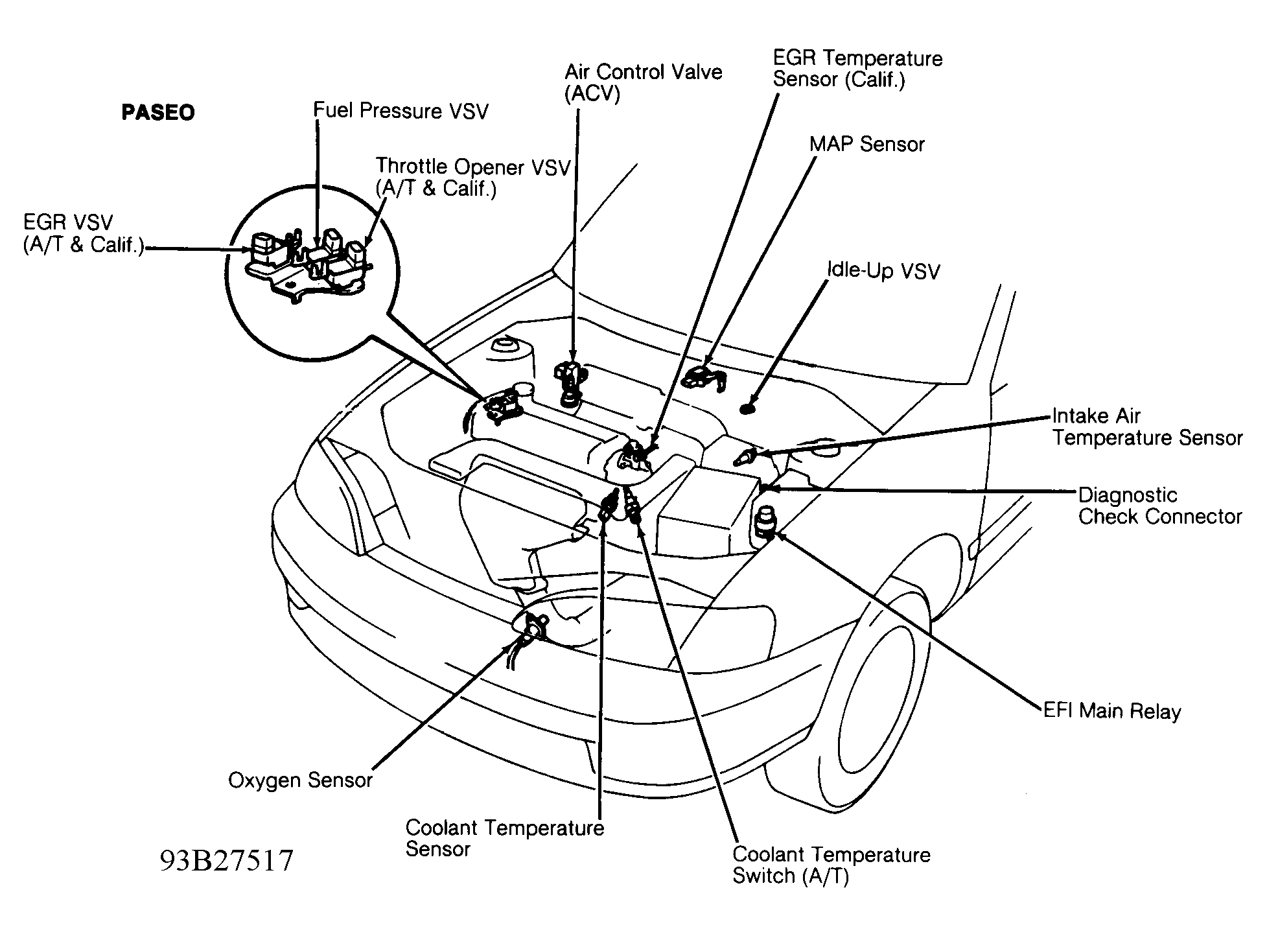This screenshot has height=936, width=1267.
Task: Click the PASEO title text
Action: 158,113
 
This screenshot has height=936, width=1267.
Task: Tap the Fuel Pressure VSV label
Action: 401,111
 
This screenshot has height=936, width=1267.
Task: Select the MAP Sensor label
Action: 866,145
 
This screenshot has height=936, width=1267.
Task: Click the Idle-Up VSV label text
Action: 883,270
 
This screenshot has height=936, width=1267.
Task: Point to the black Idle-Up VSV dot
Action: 748,408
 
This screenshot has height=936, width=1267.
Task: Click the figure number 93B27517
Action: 227,861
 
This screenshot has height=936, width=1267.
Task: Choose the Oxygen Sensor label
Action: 300,780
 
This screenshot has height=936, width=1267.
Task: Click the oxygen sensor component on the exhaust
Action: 535,627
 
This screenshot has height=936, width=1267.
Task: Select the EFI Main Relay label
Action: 1112,711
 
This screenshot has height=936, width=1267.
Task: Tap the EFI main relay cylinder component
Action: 765,522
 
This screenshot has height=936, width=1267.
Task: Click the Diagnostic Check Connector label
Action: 1159,506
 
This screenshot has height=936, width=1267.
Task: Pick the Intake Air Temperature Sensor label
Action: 1146,427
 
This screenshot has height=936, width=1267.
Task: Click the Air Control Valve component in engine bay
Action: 568,382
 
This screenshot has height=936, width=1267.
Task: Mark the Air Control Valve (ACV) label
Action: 643,82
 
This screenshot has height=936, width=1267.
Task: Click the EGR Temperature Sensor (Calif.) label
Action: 857,69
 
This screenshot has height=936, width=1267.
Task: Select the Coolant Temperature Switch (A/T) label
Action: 831,865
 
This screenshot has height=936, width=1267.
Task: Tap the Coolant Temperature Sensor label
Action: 504,838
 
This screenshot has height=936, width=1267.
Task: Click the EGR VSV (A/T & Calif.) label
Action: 83,233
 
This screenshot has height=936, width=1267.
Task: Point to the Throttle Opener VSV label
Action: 472,178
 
